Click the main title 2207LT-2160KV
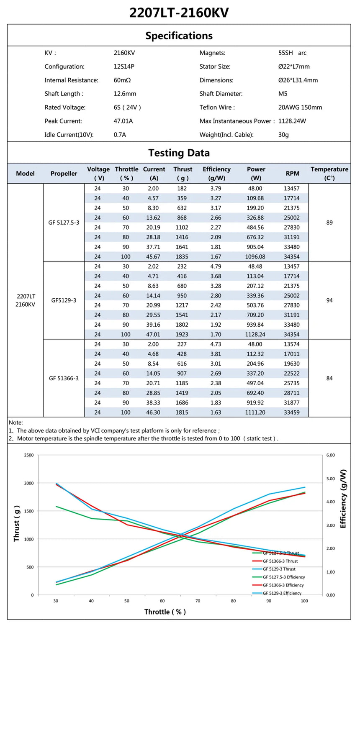179,13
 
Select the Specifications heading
179,36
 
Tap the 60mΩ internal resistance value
122,80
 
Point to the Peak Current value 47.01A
123,121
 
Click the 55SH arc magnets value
292,53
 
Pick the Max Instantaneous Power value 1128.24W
292,121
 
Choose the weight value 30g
283,135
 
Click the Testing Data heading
179,153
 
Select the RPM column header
293,173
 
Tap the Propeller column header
64,173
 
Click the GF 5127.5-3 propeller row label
64,223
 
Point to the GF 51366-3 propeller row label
64,378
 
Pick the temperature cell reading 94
329,300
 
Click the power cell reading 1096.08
255,256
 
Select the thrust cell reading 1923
182,334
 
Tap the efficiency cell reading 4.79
216,266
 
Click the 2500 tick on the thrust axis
29,455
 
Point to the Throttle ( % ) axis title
165,612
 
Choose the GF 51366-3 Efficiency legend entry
283,585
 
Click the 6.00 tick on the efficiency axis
330,455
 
